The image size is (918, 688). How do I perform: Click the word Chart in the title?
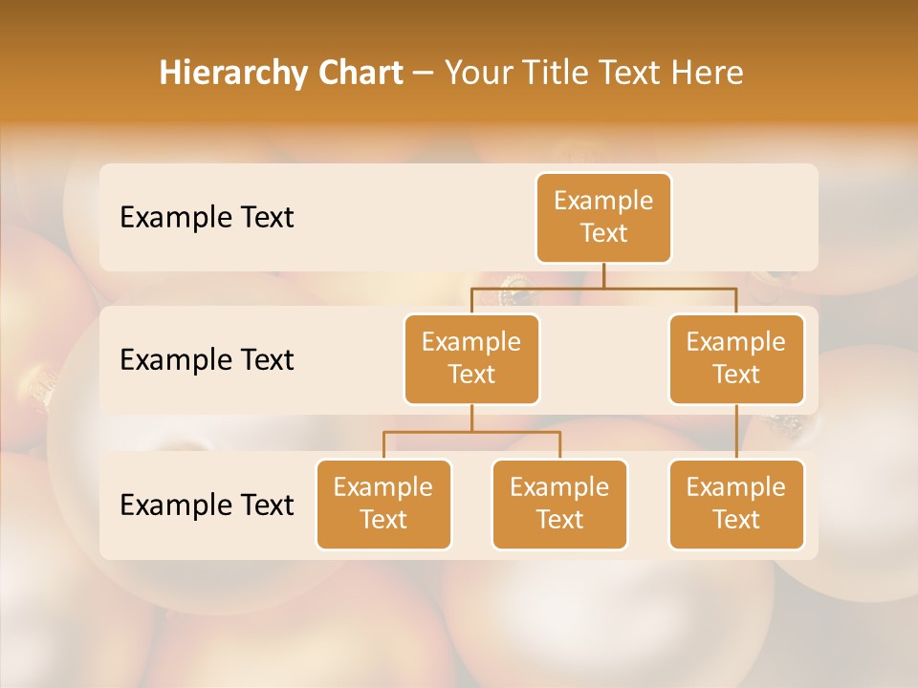click(x=356, y=74)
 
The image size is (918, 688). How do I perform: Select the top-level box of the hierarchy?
click(x=603, y=218)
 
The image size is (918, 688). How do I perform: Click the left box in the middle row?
click(x=471, y=358)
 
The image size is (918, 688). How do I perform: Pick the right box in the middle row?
click(x=736, y=358)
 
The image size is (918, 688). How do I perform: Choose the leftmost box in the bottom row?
click(x=383, y=504)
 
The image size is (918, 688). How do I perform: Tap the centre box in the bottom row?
click(x=559, y=504)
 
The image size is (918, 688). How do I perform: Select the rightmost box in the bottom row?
click(x=736, y=504)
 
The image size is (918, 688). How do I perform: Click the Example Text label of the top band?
click(x=207, y=218)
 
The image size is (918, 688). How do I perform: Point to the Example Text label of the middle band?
click(x=207, y=360)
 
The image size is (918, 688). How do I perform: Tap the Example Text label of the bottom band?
click(x=207, y=505)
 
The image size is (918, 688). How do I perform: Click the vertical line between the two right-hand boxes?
click(x=736, y=432)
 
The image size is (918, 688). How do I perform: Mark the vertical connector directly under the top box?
click(x=603, y=274)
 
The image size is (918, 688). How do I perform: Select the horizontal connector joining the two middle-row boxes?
click(x=603, y=286)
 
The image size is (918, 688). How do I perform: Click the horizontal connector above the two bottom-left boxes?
click(x=471, y=432)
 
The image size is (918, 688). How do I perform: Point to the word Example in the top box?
click(x=603, y=201)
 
